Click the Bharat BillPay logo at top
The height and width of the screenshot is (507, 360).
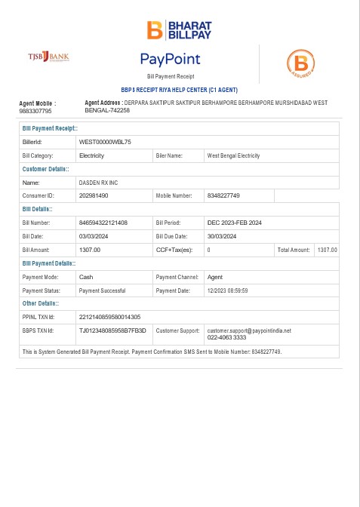click(x=180, y=29)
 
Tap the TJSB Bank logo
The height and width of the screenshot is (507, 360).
click(x=48, y=57)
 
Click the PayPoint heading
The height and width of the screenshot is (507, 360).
click(x=170, y=58)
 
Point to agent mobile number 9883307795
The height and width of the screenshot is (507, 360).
click(x=35, y=111)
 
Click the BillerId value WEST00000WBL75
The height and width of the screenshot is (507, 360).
click(x=105, y=142)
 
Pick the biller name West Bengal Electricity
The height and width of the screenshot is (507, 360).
click(x=233, y=155)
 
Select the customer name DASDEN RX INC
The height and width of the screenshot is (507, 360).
click(x=98, y=183)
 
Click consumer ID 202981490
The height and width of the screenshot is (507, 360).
click(x=94, y=195)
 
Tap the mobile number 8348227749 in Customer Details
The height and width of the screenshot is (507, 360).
click(x=223, y=195)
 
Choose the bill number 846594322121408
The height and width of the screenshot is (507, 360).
click(x=103, y=223)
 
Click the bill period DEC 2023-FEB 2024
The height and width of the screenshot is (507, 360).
click(x=234, y=223)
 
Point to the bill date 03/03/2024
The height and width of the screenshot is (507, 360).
click(x=95, y=236)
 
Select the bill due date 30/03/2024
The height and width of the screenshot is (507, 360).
click(x=223, y=236)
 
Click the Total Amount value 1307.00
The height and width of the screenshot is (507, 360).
click(x=327, y=250)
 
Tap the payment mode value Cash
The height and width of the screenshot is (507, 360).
click(x=86, y=277)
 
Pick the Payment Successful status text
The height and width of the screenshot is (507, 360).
click(x=102, y=290)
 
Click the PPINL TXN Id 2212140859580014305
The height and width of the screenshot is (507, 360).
click(x=109, y=317)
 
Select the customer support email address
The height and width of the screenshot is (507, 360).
click(x=248, y=330)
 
